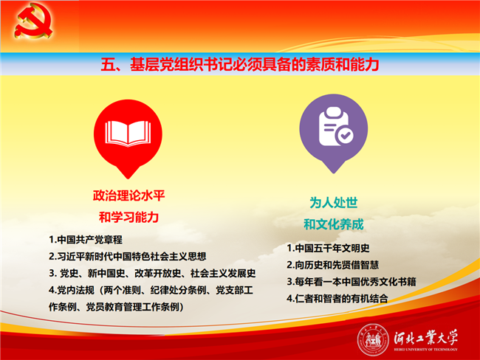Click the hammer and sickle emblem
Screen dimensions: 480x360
click(x=33, y=21)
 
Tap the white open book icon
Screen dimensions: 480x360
click(x=128, y=133)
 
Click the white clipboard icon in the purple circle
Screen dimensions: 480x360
click(x=334, y=126)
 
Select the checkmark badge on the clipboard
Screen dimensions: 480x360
click(x=345, y=135)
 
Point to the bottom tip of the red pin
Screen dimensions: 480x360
click(x=128, y=179)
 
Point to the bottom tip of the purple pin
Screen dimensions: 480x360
click(x=333, y=173)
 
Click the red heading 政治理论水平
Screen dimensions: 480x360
click(x=129, y=195)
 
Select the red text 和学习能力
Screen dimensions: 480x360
click(x=129, y=218)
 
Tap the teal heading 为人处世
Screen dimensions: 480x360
click(x=334, y=202)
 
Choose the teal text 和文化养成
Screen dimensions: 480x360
click(x=334, y=224)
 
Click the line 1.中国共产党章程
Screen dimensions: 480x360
click(x=86, y=240)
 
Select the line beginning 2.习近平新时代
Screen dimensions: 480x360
click(x=127, y=256)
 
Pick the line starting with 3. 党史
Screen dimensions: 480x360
click(x=152, y=273)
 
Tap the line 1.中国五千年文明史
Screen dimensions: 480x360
click(x=328, y=248)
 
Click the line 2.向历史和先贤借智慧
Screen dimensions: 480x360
click(x=333, y=265)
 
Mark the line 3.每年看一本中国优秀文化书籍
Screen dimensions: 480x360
click(x=352, y=282)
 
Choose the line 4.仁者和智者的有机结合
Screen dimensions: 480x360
click(x=337, y=299)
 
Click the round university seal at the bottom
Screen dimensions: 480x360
click(x=372, y=339)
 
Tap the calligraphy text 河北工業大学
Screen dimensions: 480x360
click(x=426, y=338)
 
